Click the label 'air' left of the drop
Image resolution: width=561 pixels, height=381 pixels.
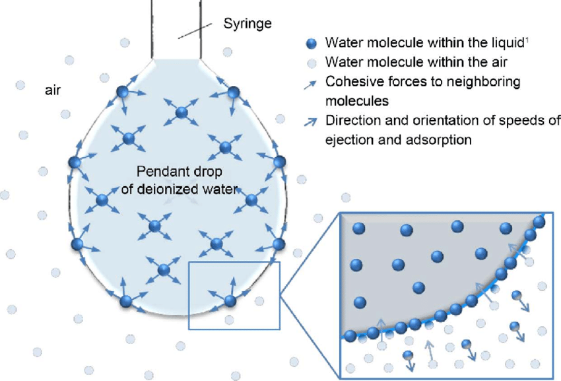52,90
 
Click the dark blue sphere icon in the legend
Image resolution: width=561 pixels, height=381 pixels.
313,44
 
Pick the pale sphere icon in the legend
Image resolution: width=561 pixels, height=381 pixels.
313,63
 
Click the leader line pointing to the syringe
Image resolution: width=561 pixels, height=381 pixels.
198,30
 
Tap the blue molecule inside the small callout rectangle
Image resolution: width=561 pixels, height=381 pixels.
230,301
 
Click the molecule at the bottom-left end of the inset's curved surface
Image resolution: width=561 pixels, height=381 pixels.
350,336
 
